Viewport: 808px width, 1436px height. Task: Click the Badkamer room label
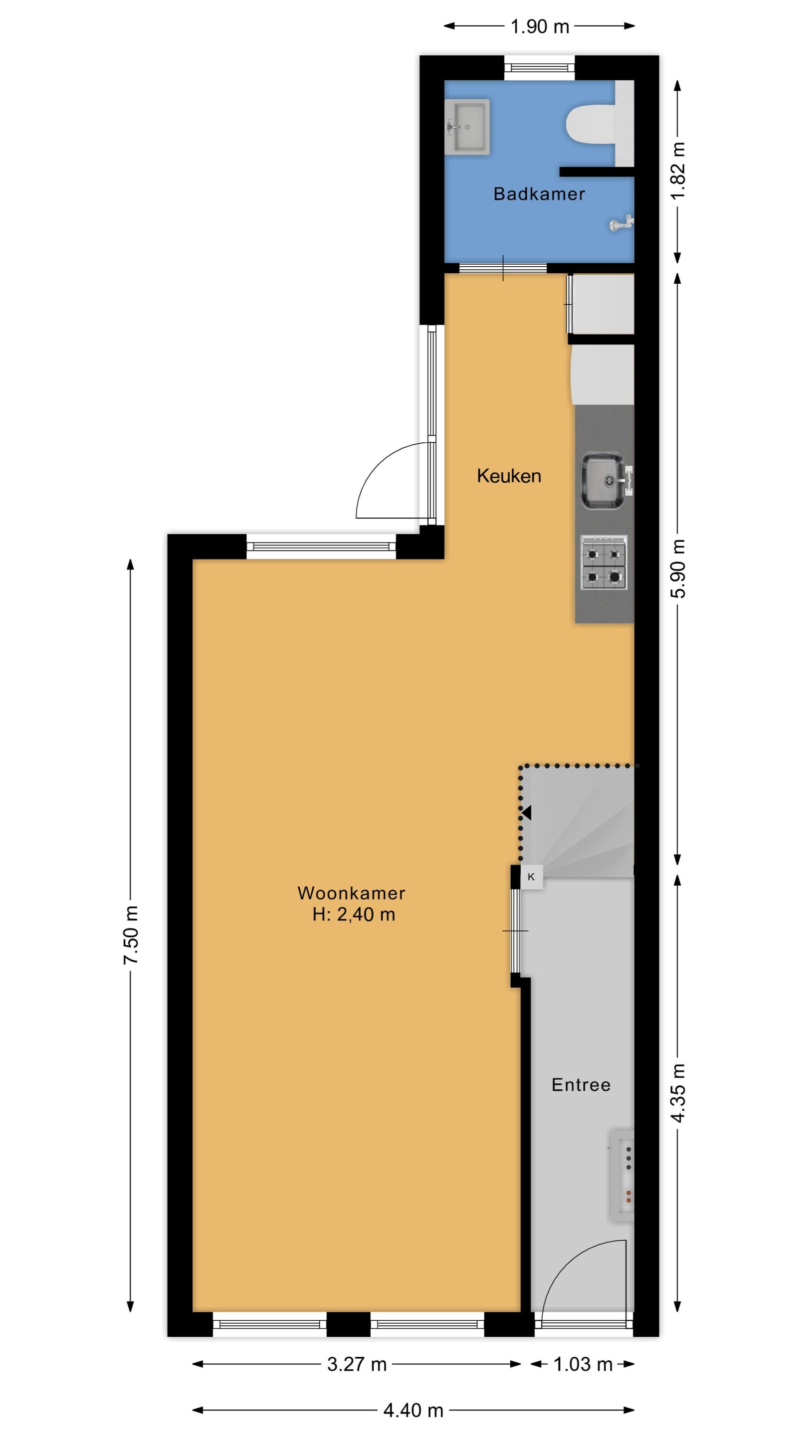pos(539,194)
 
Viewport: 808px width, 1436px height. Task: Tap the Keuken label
pos(509,476)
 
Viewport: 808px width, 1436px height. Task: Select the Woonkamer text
pos(351,893)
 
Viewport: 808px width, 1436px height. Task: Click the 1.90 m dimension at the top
pos(540,26)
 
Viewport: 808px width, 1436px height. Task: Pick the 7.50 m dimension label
pos(131,935)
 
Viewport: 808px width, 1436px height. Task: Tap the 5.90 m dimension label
pos(678,568)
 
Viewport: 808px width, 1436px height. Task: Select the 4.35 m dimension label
pos(678,1092)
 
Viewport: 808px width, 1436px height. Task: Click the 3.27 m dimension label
pos(357,1364)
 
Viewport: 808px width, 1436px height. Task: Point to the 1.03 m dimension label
pos(583,1364)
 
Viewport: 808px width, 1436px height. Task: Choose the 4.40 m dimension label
pos(413,1411)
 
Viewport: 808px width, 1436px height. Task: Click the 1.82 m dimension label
pos(678,171)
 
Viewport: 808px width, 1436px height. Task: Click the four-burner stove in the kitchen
pos(604,562)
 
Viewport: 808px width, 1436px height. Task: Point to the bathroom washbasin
pos(468,127)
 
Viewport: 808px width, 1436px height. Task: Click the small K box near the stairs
pos(531,877)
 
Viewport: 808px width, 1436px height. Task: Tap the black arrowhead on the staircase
pos(526,813)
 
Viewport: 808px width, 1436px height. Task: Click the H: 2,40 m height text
pos(354,915)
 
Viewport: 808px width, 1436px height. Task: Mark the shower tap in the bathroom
pos(620,223)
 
